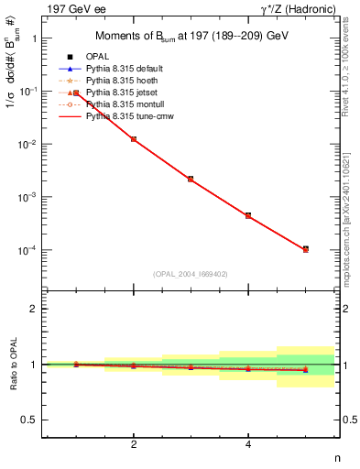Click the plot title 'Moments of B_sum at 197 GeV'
click(191, 36)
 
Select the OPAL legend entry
click(102, 57)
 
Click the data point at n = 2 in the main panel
click(134, 139)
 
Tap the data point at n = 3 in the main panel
click(191, 179)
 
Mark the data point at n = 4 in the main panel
click(248, 215)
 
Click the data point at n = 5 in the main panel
click(305, 249)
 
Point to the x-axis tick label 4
click(248, 444)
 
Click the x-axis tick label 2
click(134, 444)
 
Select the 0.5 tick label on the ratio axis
click(31, 420)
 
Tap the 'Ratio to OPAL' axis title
click(12, 365)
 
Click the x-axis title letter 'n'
click(336, 458)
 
